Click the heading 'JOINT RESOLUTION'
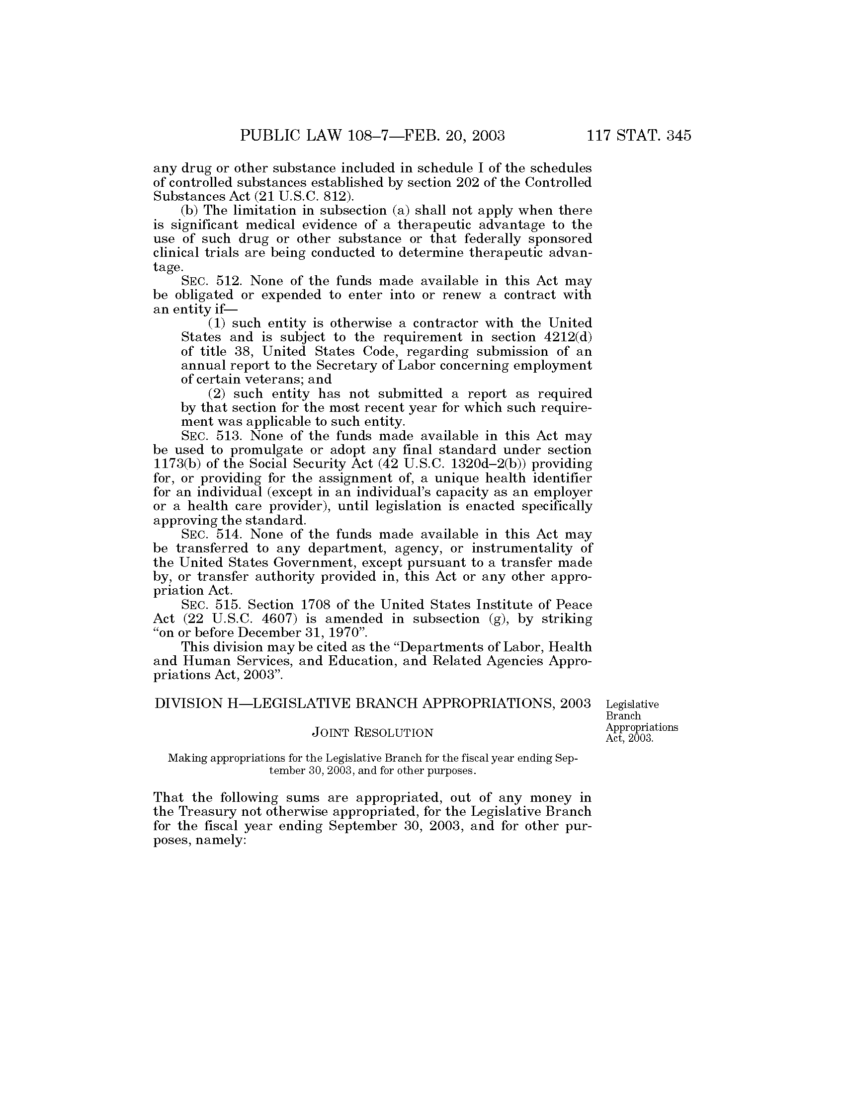coord(372,733)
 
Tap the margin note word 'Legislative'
coord(632,704)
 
